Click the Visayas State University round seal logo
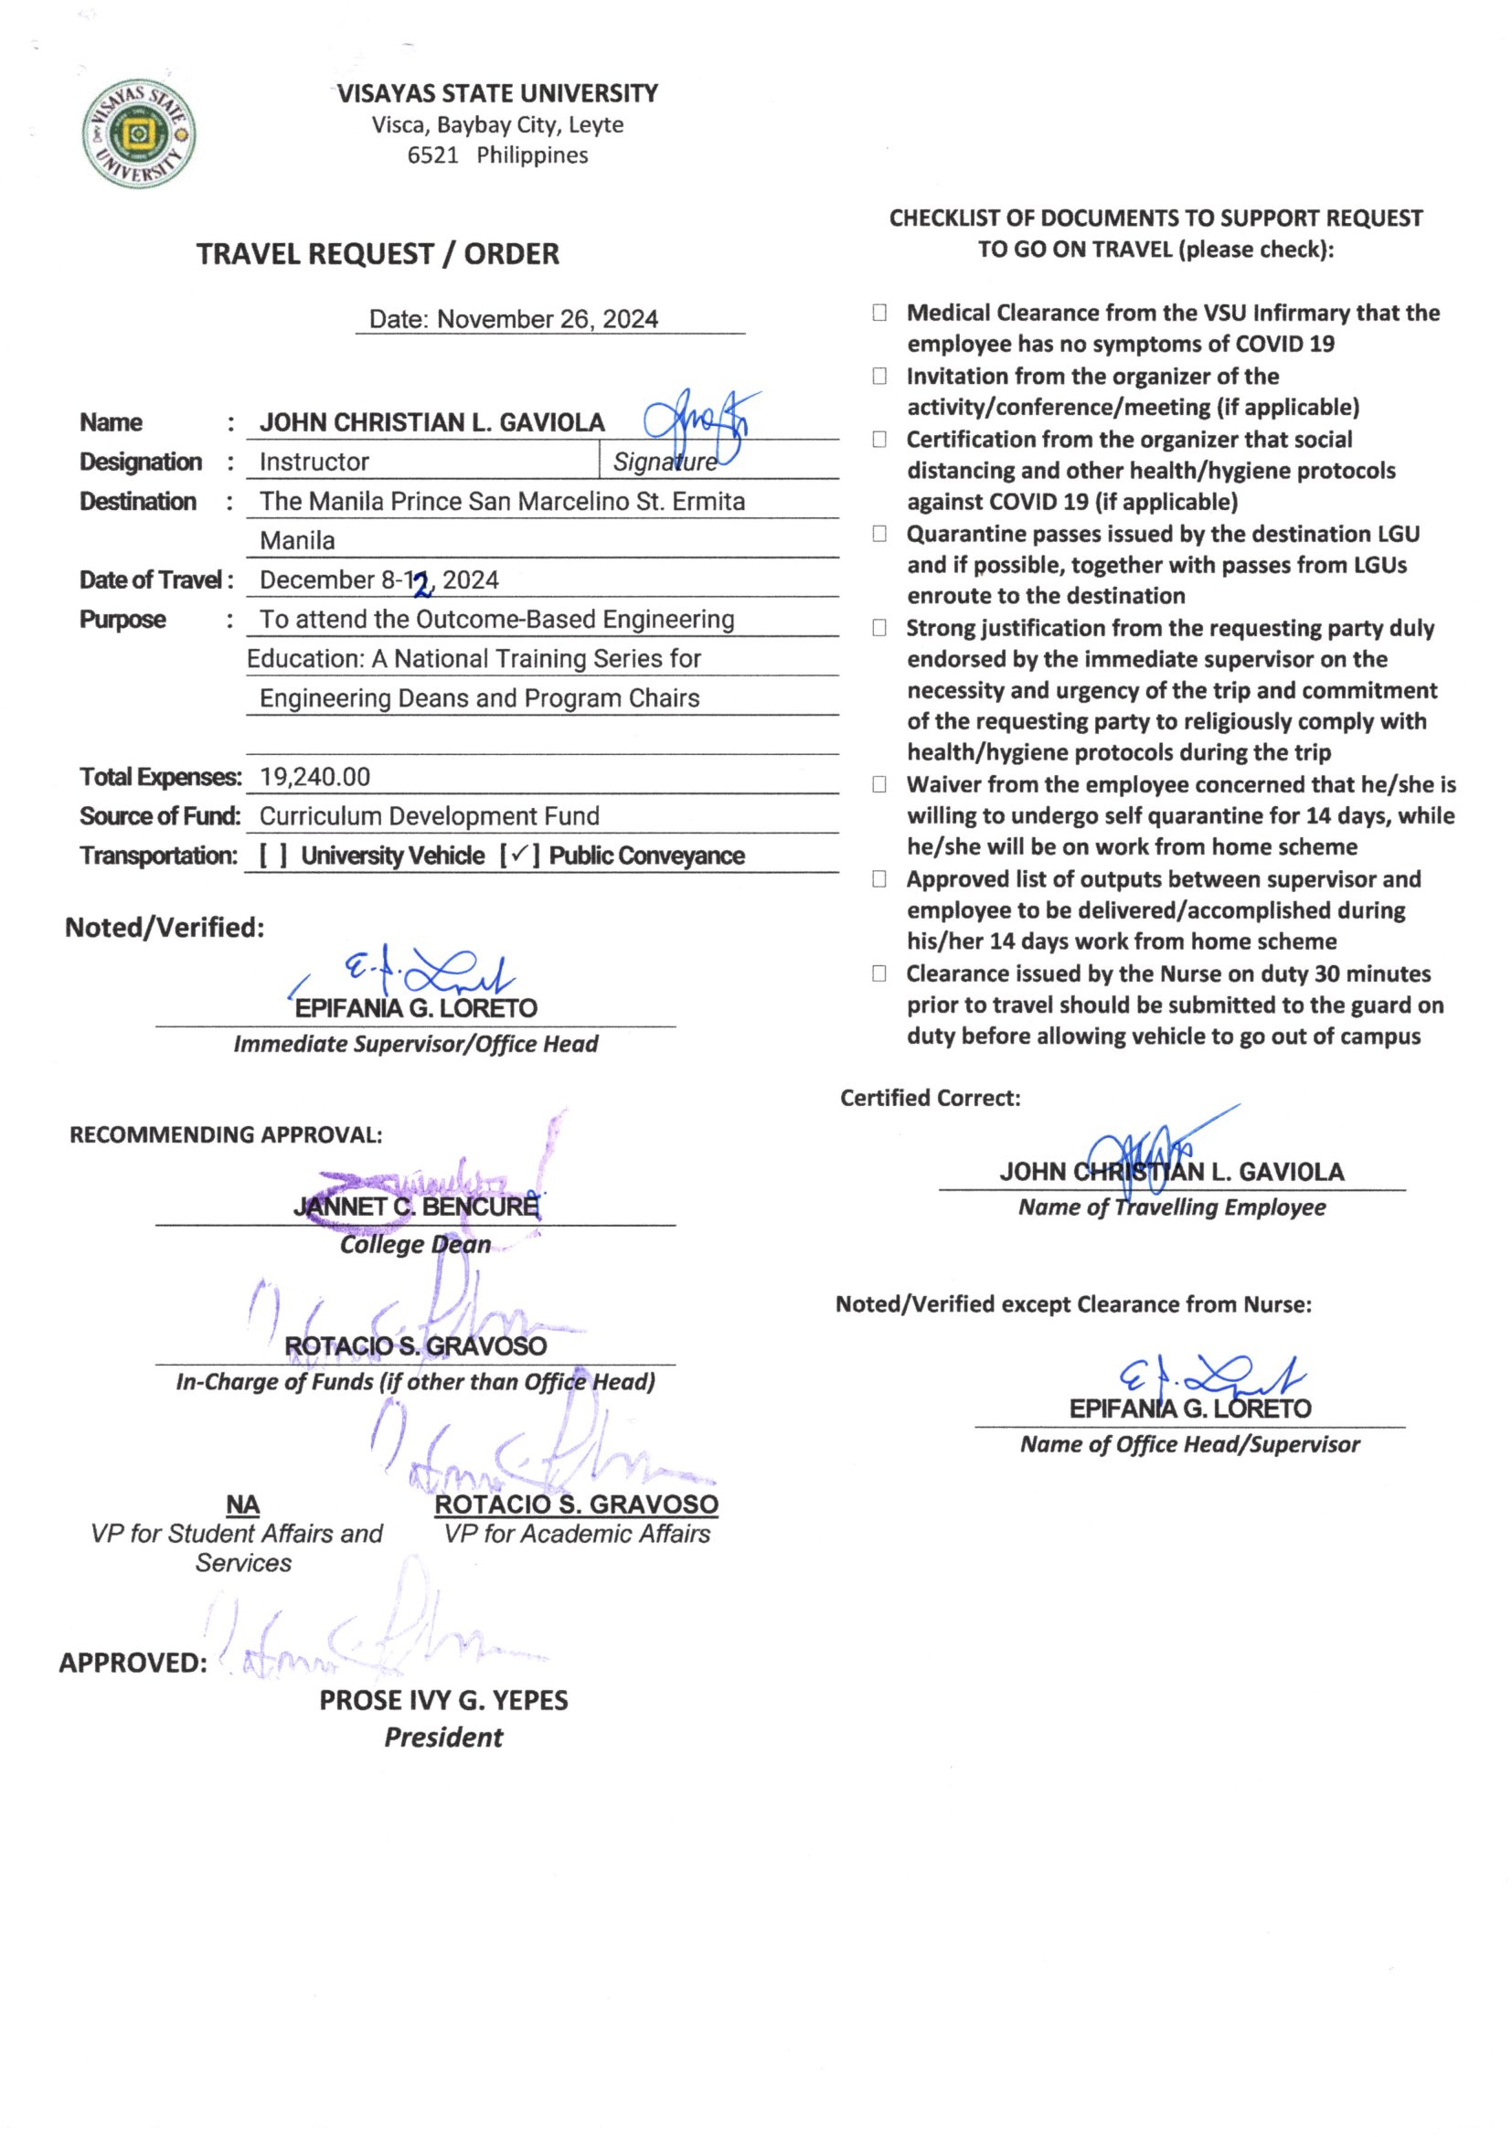pos(139,134)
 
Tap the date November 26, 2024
pos(548,319)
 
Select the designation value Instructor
pos(314,462)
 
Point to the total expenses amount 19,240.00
pos(314,776)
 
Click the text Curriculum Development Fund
pos(430,816)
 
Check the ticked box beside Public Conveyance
pos(519,855)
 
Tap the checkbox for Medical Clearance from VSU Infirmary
pos(878,313)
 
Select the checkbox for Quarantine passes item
pos(878,533)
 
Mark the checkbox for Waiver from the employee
pos(878,784)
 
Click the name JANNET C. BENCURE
pos(415,1207)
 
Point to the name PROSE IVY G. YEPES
pos(443,1700)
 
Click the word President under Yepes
pos(443,1738)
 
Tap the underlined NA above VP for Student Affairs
pos(243,1505)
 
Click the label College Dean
pos(415,1244)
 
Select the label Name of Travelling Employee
pos(1171,1207)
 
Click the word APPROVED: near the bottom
pos(133,1664)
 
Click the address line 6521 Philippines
pos(497,155)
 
